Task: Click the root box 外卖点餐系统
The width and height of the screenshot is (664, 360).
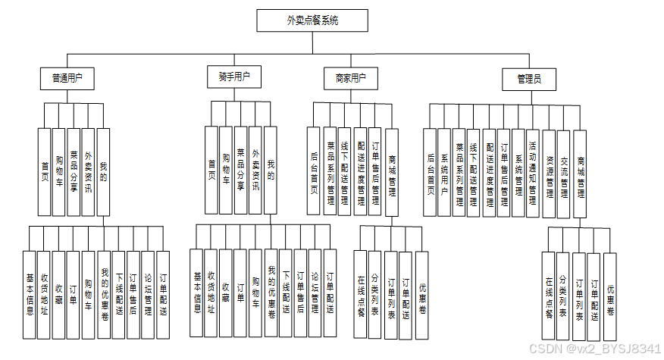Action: pos(312,20)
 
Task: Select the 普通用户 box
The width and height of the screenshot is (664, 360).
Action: pos(67,77)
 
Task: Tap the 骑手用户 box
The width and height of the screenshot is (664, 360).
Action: pos(233,76)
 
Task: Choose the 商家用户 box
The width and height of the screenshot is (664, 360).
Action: pos(350,77)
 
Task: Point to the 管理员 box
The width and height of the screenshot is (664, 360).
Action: pos(528,78)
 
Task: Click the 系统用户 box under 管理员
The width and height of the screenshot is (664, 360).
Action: pos(445,172)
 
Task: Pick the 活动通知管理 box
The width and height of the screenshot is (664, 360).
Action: pos(532,172)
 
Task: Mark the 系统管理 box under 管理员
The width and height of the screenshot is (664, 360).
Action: pos(518,172)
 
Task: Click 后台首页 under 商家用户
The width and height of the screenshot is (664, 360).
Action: pos(315,172)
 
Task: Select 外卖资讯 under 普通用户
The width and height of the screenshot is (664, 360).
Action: pos(89,172)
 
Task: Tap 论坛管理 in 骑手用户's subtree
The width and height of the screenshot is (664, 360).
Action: pos(315,293)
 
